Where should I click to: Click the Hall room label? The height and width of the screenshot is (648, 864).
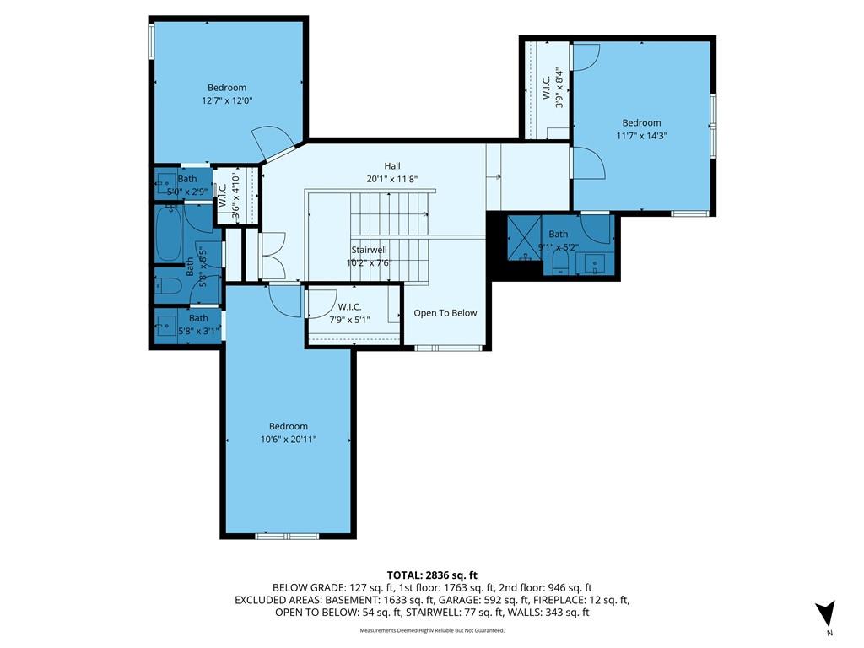pos(391,166)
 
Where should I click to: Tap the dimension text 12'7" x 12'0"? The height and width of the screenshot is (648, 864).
pos(227,101)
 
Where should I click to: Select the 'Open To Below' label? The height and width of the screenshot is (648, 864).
pos(445,313)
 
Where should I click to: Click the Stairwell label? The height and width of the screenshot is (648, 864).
pos(370,250)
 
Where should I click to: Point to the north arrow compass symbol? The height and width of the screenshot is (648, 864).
pos(827,613)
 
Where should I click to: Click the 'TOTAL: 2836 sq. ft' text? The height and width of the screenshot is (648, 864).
pos(432,575)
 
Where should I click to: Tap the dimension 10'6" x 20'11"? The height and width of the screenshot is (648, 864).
pos(289,439)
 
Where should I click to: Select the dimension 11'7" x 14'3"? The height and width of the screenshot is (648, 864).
pos(641,136)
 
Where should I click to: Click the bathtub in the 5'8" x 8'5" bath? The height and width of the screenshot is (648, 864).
pos(169,235)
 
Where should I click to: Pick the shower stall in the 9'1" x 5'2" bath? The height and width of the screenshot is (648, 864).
pos(525,238)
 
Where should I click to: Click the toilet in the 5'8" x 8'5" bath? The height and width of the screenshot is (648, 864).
pos(168,285)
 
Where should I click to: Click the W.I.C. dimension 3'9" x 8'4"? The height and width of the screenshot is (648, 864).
pos(560,87)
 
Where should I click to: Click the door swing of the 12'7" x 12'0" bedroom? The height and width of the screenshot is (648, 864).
pos(271,142)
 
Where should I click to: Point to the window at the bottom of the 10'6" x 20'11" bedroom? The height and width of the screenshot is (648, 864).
pos(287,536)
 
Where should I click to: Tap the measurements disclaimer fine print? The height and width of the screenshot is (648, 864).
pos(432,630)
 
